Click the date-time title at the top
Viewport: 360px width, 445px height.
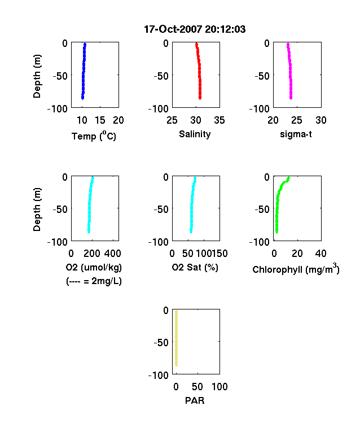(195, 29)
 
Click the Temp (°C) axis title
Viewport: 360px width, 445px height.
(94, 136)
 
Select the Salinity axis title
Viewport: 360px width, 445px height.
(195, 134)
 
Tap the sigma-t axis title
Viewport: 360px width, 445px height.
(296, 134)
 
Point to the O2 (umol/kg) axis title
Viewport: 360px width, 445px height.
(94, 267)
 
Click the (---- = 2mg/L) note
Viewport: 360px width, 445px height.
(94, 281)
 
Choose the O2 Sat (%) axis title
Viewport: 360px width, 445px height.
(195, 267)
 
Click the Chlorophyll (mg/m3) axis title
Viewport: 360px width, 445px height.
(296, 269)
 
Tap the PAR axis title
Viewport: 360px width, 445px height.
(195, 400)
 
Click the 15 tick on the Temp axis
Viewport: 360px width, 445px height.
(100, 120)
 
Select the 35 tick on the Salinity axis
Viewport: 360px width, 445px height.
(219, 120)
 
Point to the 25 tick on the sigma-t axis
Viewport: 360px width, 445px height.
(296, 120)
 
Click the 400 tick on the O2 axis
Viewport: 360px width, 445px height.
(112, 253)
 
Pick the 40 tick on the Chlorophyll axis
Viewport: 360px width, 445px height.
(321, 253)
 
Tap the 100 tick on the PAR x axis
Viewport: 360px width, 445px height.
(219, 386)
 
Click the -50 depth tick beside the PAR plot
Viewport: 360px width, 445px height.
(161, 342)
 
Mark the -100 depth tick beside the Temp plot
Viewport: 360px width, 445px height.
(57, 108)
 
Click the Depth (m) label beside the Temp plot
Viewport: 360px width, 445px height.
(37, 76)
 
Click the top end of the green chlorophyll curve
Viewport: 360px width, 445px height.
(288, 178)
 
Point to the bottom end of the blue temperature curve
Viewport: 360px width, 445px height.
(82, 98)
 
